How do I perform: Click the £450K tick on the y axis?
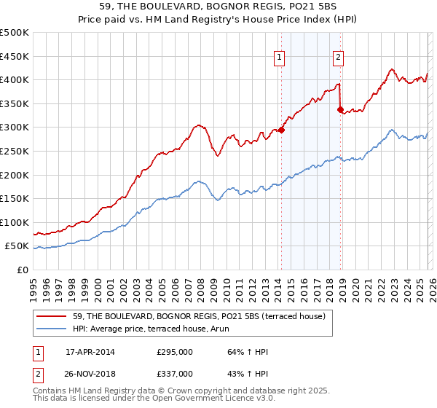coord(15,56)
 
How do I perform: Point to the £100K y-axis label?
coord(15,222)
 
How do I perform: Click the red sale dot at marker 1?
coord(281,130)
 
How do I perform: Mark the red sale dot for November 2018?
coord(340,110)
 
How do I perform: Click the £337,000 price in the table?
coord(175,373)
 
